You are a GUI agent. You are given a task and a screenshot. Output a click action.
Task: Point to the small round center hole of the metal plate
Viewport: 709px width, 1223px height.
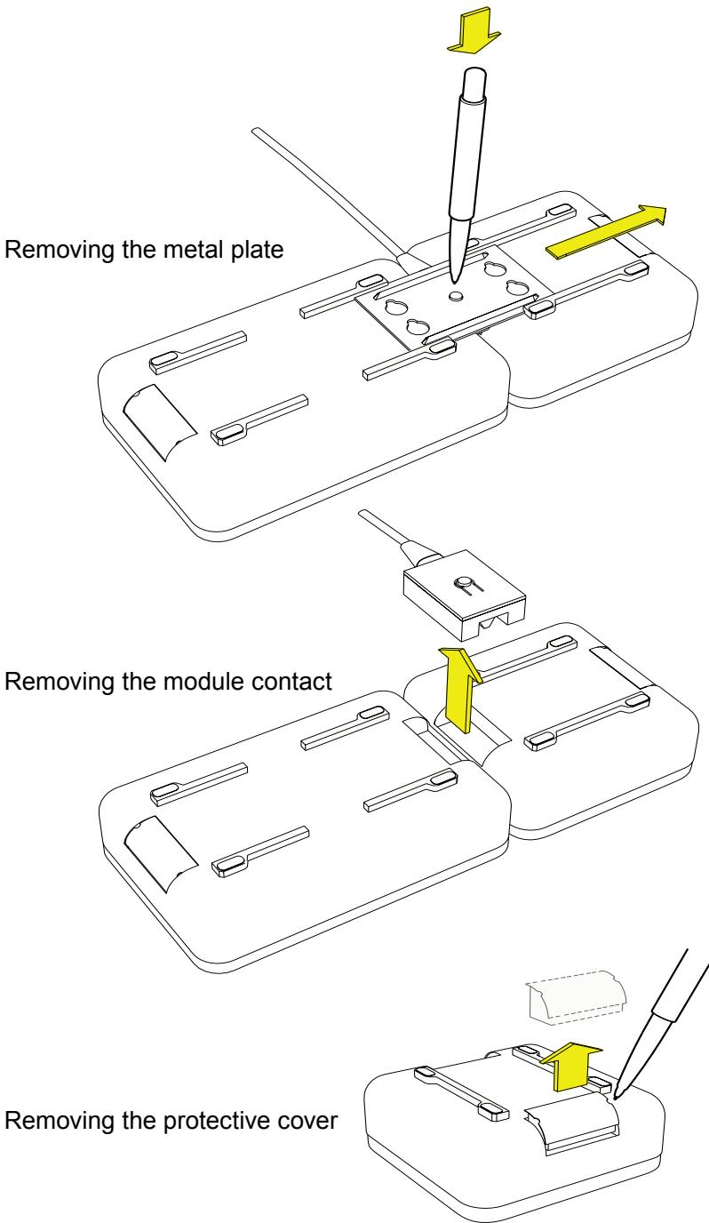(x=457, y=295)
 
